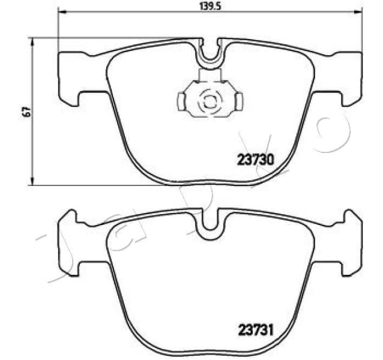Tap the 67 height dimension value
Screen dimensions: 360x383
(x=25, y=112)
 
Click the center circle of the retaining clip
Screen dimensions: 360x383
(x=210, y=101)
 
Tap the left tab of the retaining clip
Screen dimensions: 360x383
(x=182, y=100)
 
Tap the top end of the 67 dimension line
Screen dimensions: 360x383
(x=32, y=38)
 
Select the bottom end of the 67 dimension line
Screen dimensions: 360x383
(x=32, y=185)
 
